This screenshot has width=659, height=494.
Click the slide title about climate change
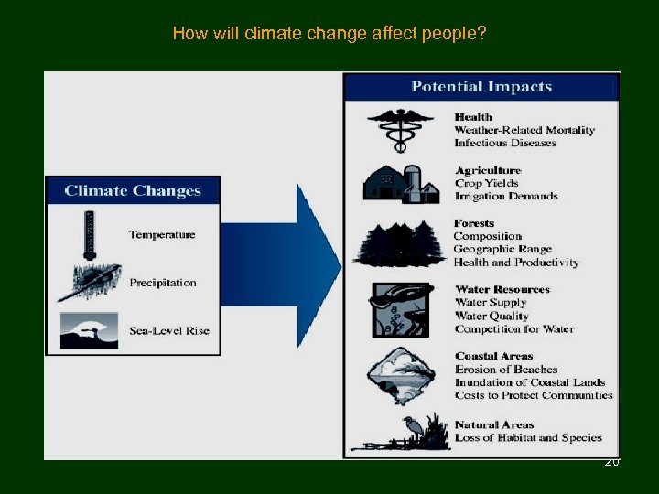pyautogui.click(x=329, y=35)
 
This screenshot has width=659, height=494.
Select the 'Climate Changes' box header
pyautogui.click(x=133, y=191)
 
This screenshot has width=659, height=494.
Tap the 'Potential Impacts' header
pyautogui.click(x=481, y=88)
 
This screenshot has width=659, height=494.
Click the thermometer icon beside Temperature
pyautogui.click(x=89, y=235)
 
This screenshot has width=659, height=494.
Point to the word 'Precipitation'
pyautogui.click(x=163, y=283)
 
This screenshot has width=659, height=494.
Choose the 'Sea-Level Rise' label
pyautogui.click(x=169, y=330)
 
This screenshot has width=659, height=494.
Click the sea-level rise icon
pyautogui.click(x=89, y=330)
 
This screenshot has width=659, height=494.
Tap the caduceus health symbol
pyautogui.click(x=400, y=129)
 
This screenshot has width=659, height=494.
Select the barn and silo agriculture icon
pyautogui.click(x=401, y=183)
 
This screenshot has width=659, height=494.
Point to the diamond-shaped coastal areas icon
pyautogui.click(x=399, y=375)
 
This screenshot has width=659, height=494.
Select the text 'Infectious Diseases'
pyautogui.click(x=505, y=144)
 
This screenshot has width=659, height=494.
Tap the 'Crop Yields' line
pyautogui.click(x=487, y=184)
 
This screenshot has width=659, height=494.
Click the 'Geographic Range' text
pyautogui.click(x=502, y=249)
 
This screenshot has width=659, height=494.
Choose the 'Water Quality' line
pyautogui.click(x=492, y=316)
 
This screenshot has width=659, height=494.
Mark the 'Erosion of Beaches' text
pyautogui.click(x=506, y=370)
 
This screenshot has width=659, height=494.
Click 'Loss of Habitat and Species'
pyautogui.click(x=528, y=438)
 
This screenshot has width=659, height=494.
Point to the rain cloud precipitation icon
pyautogui.click(x=89, y=282)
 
